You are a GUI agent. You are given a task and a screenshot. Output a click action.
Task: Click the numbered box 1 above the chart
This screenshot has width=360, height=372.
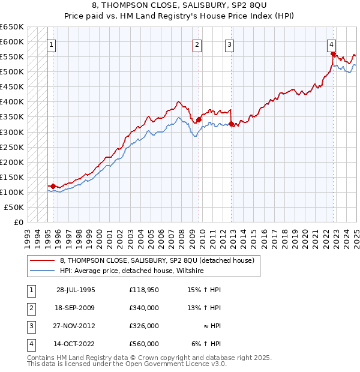51,44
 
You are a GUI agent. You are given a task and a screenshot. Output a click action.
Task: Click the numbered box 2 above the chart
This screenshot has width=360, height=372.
197,44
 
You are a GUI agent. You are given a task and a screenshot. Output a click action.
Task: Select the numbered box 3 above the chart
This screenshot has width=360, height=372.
230,44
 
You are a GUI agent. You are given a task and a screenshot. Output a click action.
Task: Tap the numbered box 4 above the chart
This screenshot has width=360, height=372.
331,43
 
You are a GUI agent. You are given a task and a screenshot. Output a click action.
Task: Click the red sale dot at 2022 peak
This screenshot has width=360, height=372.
333,53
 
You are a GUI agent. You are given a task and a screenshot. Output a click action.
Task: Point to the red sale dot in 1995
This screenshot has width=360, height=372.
53,186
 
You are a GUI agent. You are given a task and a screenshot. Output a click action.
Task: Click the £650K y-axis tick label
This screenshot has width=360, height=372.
13,27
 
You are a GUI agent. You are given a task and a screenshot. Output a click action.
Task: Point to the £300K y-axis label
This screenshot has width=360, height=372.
13,132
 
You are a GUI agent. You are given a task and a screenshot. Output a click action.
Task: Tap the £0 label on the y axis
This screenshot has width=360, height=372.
18,222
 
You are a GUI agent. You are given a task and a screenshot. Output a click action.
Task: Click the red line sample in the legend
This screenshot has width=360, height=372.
42,260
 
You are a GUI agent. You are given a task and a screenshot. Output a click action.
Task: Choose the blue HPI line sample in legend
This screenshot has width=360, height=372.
42,271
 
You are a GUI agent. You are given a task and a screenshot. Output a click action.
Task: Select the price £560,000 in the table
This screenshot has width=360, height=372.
144,344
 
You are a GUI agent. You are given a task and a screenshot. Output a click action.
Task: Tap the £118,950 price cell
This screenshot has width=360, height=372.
144,290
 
